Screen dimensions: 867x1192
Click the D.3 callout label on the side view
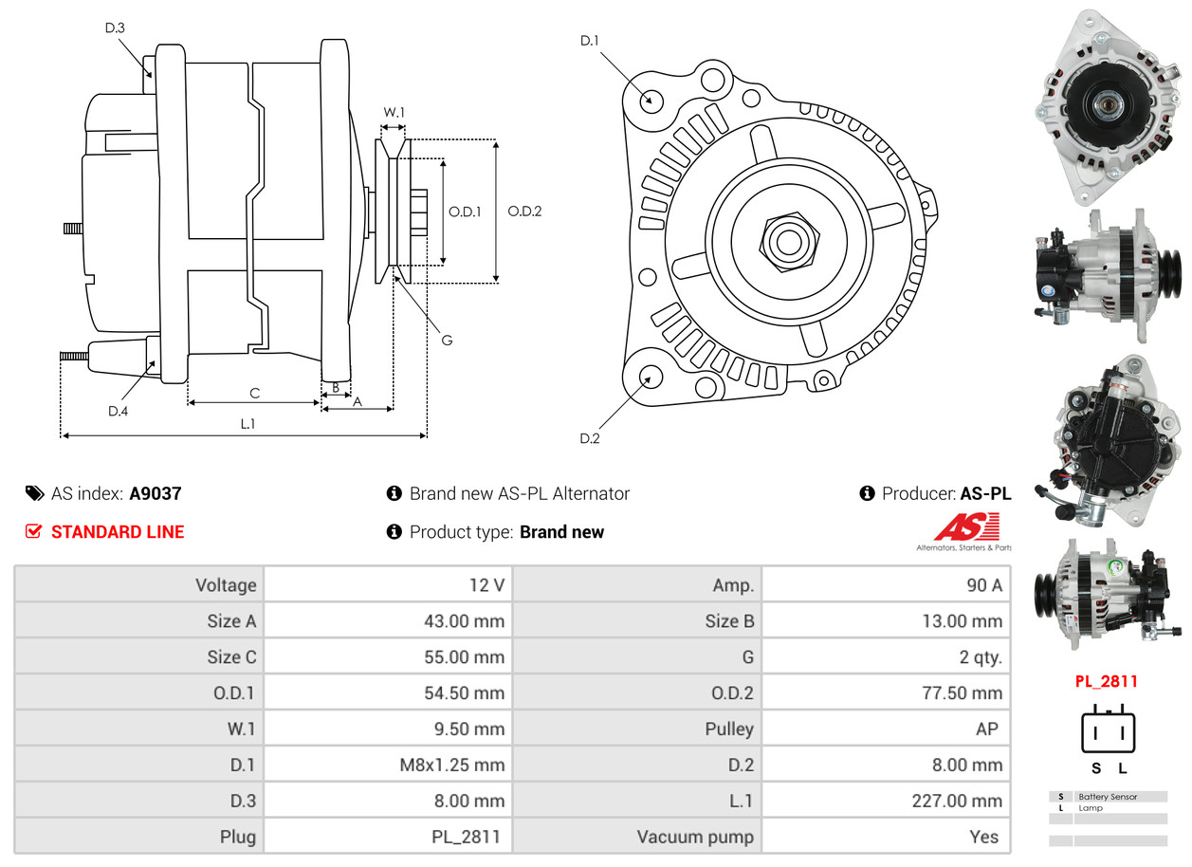tap(115, 28)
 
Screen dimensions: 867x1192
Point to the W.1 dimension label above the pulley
tap(394, 112)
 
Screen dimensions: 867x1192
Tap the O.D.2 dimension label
tap(524, 212)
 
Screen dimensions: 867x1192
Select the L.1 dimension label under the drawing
tap(247, 424)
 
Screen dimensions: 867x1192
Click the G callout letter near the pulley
tap(447, 340)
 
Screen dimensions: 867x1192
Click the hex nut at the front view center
tap(787, 240)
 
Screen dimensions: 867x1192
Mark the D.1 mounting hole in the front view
tap(651, 100)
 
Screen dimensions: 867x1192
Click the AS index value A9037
tap(156, 493)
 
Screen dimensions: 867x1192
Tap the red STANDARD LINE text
tap(118, 532)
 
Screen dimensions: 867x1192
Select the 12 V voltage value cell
tap(486, 584)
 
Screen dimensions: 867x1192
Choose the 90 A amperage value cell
tap(983, 584)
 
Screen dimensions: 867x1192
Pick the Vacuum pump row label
tap(695, 837)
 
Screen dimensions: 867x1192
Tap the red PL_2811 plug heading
tap(1106, 681)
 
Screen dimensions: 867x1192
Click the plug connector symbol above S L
tap(1109, 730)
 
